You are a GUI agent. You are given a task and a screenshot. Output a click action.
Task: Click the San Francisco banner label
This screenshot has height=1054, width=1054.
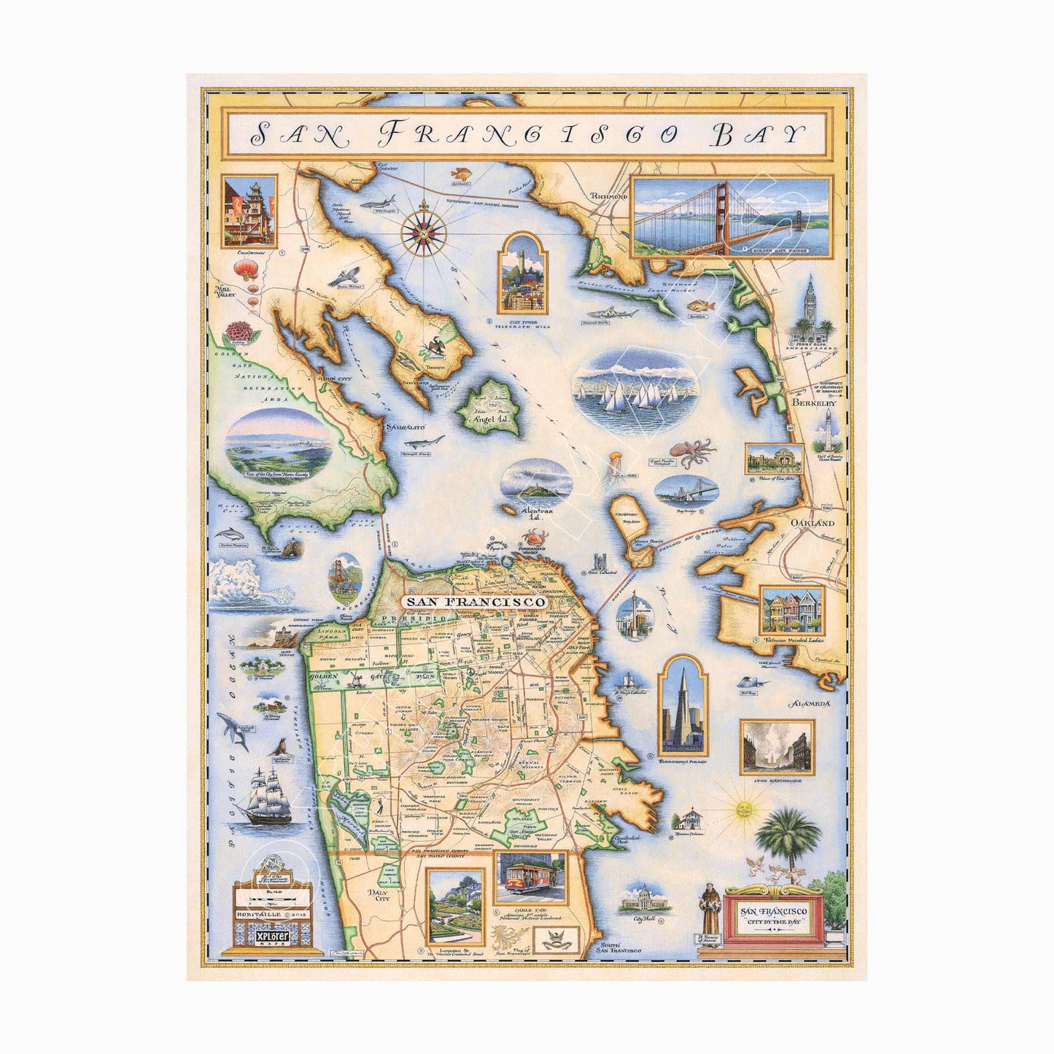point(475,602)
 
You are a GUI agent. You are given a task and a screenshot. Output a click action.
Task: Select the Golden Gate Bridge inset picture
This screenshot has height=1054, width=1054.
point(730,217)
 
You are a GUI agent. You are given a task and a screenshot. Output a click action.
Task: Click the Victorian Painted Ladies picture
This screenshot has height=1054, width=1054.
point(791,611)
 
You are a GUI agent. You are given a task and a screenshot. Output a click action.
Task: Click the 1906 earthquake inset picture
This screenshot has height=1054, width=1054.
point(777,748)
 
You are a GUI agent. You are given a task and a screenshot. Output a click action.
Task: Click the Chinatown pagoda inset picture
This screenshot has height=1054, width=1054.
point(249,212)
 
